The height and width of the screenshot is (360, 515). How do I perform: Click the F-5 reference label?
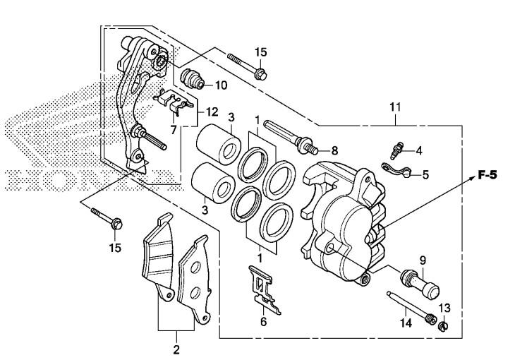pyautogui.click(x=487, y=175)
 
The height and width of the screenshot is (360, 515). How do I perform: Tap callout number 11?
pyautogui.click(x=396, y=107)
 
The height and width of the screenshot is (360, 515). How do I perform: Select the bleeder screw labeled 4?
pyautogui.click(x=397, y=150)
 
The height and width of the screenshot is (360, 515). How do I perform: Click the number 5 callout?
pyautogui.click(x=425, y=174)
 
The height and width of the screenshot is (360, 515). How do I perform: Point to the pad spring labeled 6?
pyautogui.click(x=265, y=289)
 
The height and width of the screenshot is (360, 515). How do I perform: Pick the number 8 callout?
pyautogui.click(x=334, y=151)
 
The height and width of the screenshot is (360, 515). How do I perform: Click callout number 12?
pyautogui.click(x=212, y=112)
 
